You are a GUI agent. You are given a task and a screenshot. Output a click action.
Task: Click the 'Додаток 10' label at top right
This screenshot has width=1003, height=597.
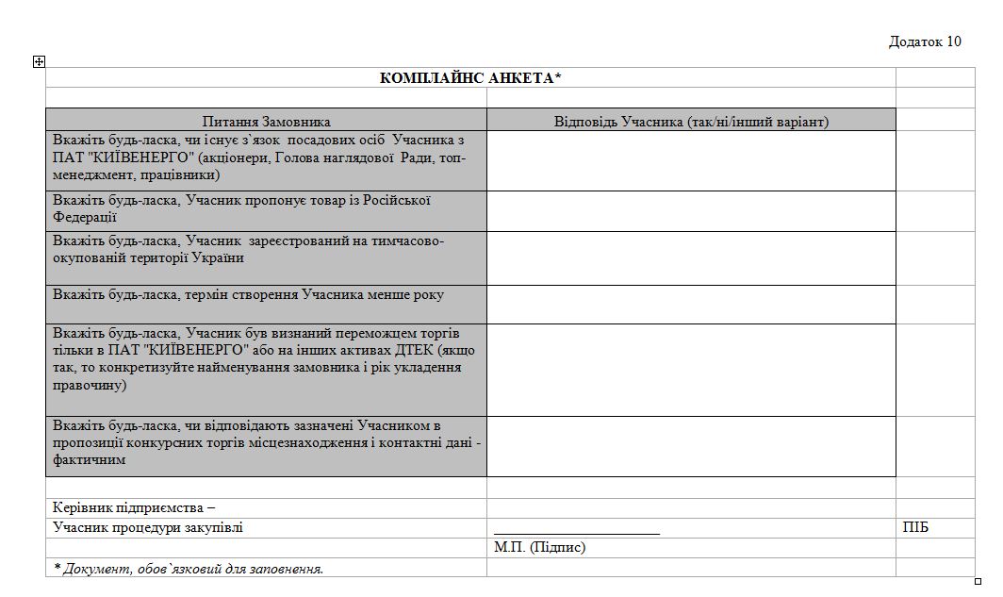924,41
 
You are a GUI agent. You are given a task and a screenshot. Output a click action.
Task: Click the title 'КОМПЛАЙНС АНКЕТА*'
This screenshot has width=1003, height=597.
470,77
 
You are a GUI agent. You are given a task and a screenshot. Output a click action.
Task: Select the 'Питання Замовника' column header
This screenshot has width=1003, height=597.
266,121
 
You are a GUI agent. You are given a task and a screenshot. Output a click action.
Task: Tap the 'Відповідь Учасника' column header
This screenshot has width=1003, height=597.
691,121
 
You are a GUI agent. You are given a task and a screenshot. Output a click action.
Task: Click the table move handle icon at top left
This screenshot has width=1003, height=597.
39,61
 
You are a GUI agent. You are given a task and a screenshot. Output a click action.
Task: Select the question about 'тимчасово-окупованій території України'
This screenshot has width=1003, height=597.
248,249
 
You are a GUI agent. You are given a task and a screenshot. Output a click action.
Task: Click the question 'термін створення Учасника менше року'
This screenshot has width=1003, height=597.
248,295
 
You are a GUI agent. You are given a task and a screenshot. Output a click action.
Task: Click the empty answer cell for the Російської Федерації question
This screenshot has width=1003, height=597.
691,211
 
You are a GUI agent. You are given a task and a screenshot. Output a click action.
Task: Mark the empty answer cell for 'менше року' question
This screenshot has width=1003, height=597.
691,304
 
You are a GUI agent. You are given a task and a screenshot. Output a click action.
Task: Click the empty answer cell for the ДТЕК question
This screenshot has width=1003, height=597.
691,369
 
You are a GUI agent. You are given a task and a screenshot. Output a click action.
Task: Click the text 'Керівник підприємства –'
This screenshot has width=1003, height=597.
134,507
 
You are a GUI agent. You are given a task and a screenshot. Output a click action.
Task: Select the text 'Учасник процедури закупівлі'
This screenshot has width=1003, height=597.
148,527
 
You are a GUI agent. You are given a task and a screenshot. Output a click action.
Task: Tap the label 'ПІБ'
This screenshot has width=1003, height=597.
915,527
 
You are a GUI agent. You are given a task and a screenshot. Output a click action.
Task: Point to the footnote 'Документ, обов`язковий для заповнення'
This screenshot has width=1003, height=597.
189,568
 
